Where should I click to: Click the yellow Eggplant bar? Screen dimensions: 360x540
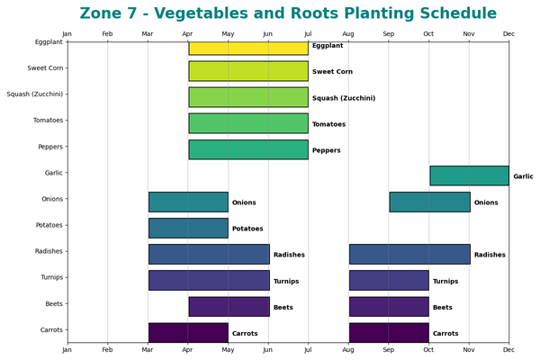pyautogui.click(x=248, y=48)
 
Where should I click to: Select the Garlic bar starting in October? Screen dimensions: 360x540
pyautogui.click(x=469, y=175)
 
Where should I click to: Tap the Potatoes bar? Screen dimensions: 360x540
pyautogui.click(x=188, y=228)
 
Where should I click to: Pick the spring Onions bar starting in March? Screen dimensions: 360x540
pyautogui.click(x=188, y=202)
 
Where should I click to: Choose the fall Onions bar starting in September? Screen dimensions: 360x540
pyautogui.click(x=429, y=202)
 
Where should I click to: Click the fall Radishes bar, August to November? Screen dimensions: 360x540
pyautogui.click(x=409, y=254)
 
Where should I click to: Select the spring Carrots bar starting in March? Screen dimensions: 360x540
pyautogui.click(x=188, y=332)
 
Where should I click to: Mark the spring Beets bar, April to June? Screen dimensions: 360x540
pyautogui.click(x=229, y=306)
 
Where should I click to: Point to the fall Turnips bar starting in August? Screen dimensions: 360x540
pyautogui.click(x=389, y=280)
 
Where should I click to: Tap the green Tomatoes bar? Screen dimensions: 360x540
pyautogui.click(x=248, y=123)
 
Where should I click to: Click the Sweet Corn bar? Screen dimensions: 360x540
pyautogui.click(x=248, y=71)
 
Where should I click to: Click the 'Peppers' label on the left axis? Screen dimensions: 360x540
pyautogui.click(x=50, y=146)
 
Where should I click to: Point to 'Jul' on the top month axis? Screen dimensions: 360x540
pyautogui.click(x=308, y=34)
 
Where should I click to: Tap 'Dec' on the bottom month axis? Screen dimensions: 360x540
pyautogui.click(x=508, y=350)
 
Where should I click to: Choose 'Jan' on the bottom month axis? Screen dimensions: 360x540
pyautogui.click(x=67, y=350)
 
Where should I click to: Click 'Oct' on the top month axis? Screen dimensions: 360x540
pyautogui.click(x=428, y=34)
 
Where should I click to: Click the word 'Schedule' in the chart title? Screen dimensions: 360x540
pyautogui.click(x=453, y=13)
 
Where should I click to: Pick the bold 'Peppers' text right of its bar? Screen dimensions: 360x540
pyautogui.click(x=326, y=150)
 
